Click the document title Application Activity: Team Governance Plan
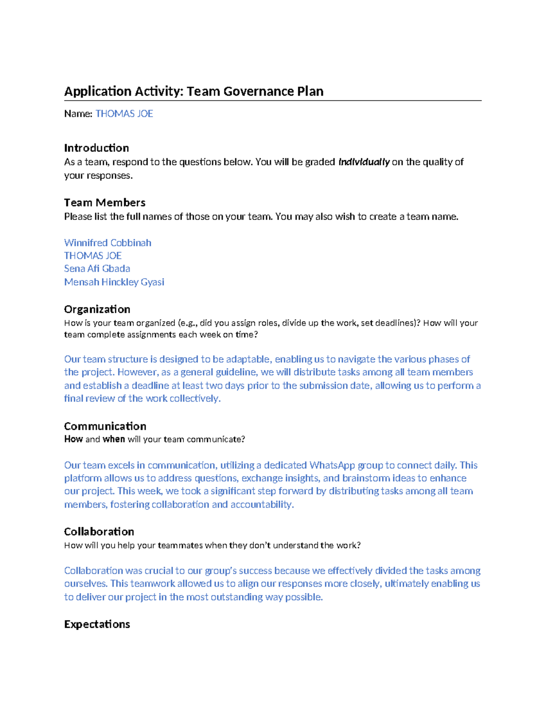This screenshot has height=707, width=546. (193, 92)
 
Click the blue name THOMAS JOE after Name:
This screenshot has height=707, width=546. (124, 114)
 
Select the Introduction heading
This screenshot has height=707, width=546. (96, 148)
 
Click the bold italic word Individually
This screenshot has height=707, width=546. (364, 162)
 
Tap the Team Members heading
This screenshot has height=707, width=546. (105, 203)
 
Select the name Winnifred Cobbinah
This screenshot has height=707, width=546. (107, 243)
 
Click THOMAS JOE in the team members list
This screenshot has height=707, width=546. (93, 255)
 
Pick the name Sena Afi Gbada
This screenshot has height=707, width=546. (97, 269)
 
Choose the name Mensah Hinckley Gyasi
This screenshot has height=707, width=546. (114, 282)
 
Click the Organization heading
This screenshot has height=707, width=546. (97, 310)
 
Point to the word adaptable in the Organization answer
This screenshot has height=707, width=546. (248, 359)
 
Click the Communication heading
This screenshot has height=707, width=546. (105, 426)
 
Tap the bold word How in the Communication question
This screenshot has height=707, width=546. (73, 439)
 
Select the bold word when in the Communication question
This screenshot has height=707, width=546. (114, 439)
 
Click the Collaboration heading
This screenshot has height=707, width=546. (99, 532)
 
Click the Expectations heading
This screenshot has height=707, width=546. (97, 624)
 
